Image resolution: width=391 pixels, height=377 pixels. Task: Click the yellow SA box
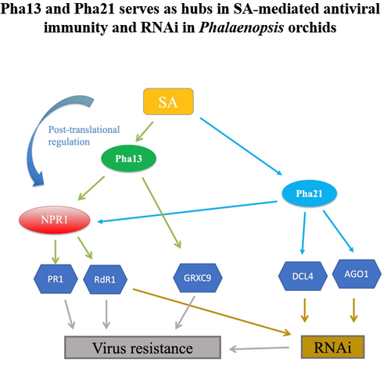168,102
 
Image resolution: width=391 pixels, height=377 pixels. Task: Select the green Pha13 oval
129,159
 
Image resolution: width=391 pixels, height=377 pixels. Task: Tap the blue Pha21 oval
310,193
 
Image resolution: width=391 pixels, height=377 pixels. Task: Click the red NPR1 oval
55,220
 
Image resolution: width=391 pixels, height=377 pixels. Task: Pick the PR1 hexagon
56,279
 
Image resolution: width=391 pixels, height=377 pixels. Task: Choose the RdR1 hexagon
105,279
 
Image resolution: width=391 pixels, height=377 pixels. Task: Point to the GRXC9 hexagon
198,278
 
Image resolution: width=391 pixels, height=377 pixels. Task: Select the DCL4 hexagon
303,276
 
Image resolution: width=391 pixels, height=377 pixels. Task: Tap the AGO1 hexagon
357,274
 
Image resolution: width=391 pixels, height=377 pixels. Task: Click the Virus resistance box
142,347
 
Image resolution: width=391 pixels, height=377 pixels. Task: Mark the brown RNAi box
332,347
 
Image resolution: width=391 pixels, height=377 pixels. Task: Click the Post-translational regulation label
84,135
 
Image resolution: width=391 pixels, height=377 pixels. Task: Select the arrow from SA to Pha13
145,131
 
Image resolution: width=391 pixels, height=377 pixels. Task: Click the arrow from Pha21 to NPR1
187,212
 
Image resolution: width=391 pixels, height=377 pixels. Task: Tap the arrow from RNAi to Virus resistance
259,348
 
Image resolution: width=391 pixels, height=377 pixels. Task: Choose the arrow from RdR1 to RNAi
212,312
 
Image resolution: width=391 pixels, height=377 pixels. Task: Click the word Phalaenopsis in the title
242,27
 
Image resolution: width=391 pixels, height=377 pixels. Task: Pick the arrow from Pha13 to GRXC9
161,213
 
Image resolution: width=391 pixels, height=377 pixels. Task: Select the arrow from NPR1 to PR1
56,252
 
